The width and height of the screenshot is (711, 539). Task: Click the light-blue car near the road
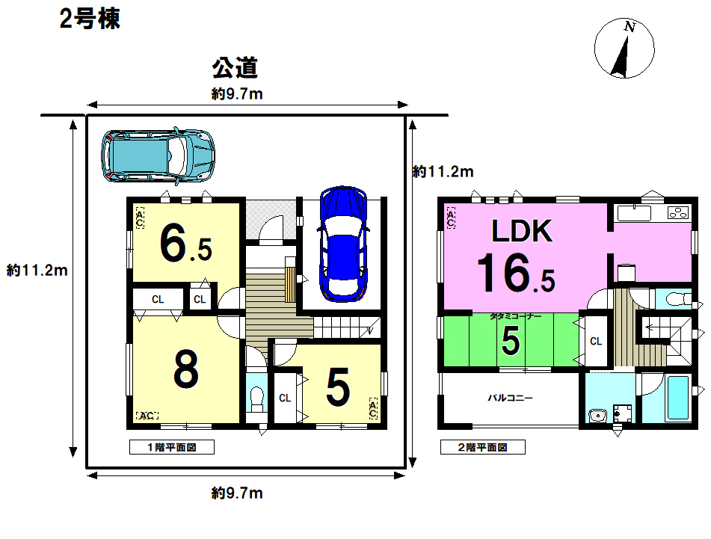pyautogui.click(x=158, y=156)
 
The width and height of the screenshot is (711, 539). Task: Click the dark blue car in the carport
pyautogui.click(x=343, y=244)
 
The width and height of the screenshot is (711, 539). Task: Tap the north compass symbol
pyautogui.click(x=624, y=48)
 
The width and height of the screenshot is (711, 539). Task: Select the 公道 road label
pyautogui.click(x=235, y=68)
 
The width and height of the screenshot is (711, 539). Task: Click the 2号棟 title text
pyautogui.click(x=90, y=19)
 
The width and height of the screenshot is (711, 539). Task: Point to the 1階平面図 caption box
pyautogui.click(x=172, y=447)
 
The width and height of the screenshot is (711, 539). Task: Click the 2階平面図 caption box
pyautogui.click(x=483, y=447)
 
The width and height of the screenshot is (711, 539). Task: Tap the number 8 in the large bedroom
pyautogui.click(x=186, y=370)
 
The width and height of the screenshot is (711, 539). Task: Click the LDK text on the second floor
pyautogui.click(x=523, y=231)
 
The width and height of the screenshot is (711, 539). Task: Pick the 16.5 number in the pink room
pyautogui.click(x=516, y=273)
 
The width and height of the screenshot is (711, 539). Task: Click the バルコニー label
pyautogui.click(x=510, y=398)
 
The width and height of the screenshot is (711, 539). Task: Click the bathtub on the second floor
pyautogui.click(x=679, y=398)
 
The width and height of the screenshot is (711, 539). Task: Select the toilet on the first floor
pyautogui.click(x=256, y=399)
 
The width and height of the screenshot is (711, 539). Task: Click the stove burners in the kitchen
pyautogui.click(x=678, y=212)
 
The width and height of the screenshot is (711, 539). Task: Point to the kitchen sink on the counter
pyautogui.click(x=634, y=213)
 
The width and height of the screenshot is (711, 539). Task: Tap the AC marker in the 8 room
pyautogui.click(x=147, y=415)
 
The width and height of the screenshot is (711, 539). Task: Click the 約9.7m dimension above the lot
pyautogui.click(x=237, y=94)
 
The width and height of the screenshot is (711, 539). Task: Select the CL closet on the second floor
pyautogui.click(x=595, y=341)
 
